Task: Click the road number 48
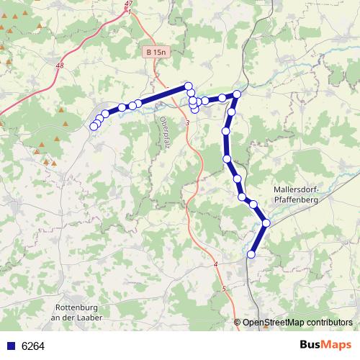[58, 66]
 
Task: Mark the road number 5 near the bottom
[224, 289]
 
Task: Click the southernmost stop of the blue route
[251, 254]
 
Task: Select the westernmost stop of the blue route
[94, 127]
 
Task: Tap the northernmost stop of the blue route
[189, 86]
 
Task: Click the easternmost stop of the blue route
[266, 223]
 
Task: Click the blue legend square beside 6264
[10, 346]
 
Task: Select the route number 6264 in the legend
[33, 346]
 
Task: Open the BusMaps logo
[325, 346]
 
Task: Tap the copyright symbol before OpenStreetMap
[238, 323]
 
